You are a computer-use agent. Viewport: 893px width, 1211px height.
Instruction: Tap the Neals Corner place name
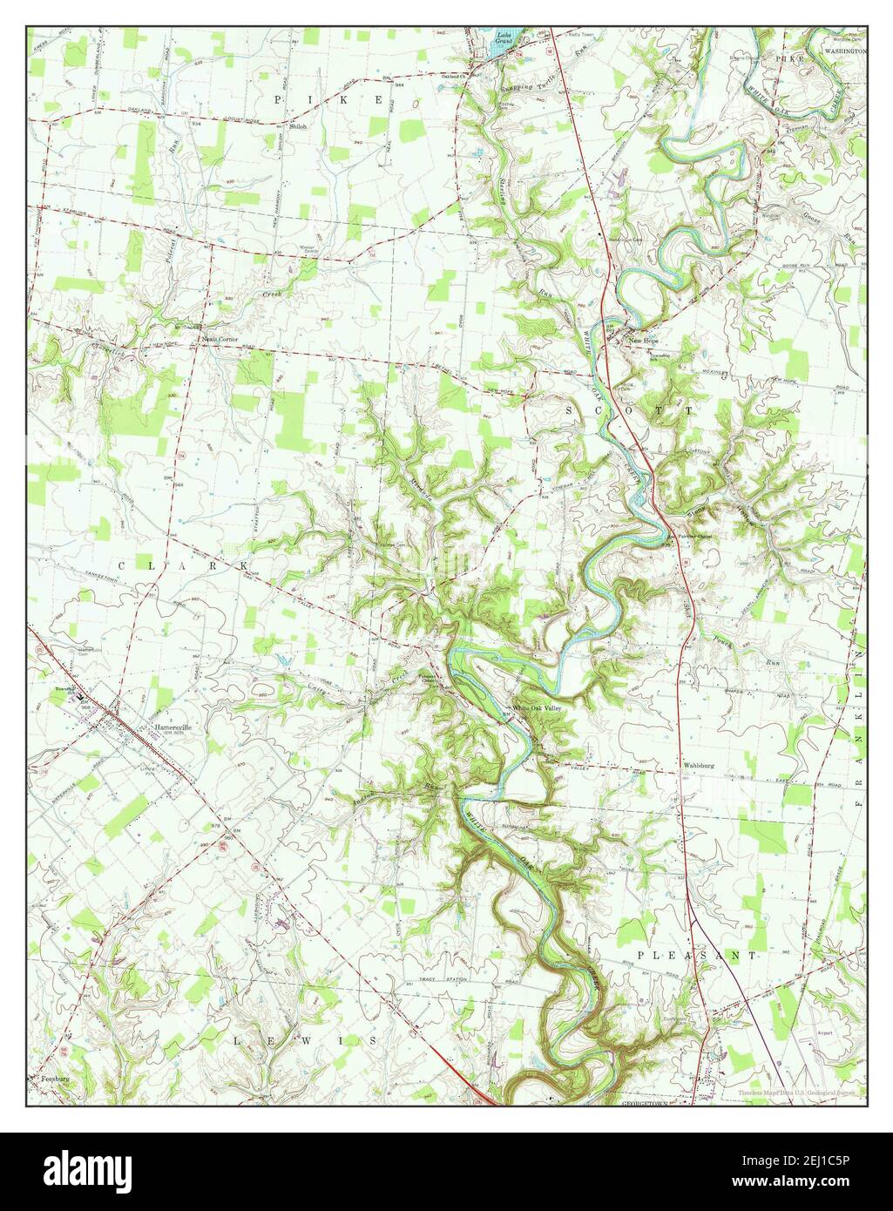[x=219, y=339]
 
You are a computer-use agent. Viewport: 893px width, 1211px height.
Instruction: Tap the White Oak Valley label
[x=540, y=708]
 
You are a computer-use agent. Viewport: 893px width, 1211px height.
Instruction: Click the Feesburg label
[x=55, y=1080]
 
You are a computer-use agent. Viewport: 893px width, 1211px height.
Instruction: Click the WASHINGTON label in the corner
[x=844, y=52]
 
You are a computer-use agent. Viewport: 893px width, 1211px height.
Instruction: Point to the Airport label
[x=823, y=1032]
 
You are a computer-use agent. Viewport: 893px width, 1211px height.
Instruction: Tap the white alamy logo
[x=79, y=1167]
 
